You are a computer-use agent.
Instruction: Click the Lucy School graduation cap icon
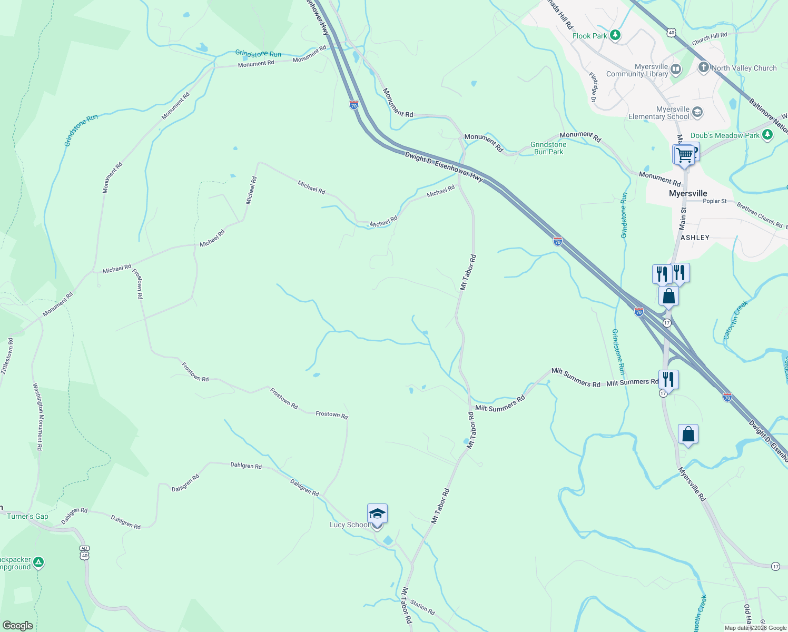click(377, 513)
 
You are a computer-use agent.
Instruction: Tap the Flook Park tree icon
click(615, 35)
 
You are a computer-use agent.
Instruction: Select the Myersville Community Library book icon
click(676, 69)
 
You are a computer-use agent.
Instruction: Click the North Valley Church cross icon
click(704, 67)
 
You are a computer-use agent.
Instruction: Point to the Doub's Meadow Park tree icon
click(767, 135)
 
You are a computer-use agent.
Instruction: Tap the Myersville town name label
click(688, 193)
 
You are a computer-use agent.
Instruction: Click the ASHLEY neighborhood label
click(695, 238)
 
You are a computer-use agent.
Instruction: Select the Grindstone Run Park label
click(548, 148)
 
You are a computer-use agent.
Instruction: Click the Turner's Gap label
click(27, 516)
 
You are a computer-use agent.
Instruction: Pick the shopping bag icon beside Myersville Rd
click(688, 434)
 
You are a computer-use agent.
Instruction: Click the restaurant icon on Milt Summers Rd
click(668, 379)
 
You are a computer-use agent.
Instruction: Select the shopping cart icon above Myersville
click(684, 155)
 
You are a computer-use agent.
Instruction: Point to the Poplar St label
click(715, 201)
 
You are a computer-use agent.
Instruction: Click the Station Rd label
click(422, 607)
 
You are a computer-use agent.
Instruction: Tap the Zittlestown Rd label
click(7, 356)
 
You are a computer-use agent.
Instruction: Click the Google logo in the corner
click(17, 625)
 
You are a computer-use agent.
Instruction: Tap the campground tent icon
click(38, 562)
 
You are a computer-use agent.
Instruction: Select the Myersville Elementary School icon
click(697, 112)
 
